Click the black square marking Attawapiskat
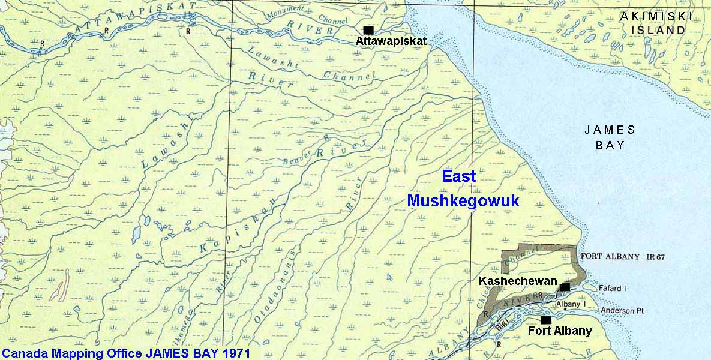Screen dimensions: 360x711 coord(368,30)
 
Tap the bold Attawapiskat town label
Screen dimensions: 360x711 coord(391,42)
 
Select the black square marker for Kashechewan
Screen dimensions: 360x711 coord(564,287)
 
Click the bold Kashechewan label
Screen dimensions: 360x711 coord(518,281)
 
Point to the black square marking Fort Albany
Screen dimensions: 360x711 coord(546,320)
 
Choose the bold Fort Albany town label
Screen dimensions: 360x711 coord(560,331)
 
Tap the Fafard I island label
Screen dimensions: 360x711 coord(613,289)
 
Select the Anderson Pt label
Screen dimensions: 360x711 coord(622,311)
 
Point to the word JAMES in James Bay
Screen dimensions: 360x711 coord(610,130)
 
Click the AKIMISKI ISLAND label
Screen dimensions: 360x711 coord(652,23)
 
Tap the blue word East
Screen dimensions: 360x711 coord(458,176)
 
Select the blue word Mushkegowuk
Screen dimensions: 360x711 coord(463,202)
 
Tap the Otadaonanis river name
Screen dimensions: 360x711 coord(268,292)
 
